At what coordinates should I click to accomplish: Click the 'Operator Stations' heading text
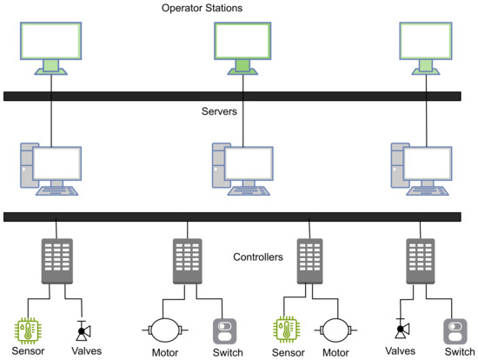click(x=202, y=8)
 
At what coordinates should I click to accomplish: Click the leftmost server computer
click(x=51, y=168)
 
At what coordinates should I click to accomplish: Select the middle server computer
click(x=245, y=168)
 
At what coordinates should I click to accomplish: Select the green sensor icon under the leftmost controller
click(x=30, y=330)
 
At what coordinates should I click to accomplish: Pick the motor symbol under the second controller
click(x=163, y=330)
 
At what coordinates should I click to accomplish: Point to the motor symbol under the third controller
click(x=336, y=330)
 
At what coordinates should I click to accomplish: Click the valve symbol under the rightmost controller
click(x=401, y=330)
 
